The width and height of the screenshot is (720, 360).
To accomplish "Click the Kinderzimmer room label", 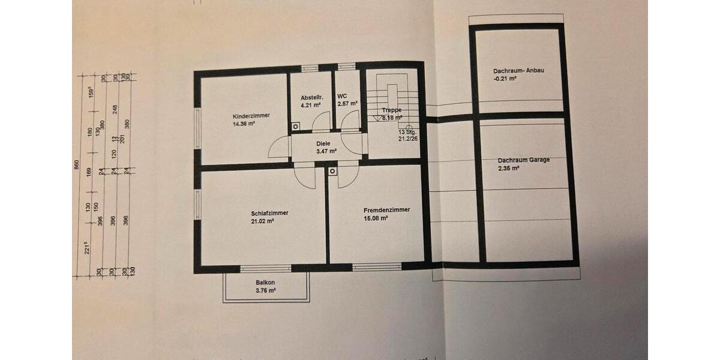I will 251,116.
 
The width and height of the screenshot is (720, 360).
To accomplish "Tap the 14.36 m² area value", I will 244,124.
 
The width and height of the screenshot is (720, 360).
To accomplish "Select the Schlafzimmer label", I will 270,213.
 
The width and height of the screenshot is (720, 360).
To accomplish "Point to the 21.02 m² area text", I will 262,221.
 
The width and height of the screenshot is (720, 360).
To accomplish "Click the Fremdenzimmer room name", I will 386,210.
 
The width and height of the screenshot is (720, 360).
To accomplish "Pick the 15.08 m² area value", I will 376,218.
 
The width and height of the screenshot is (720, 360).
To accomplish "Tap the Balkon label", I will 265,282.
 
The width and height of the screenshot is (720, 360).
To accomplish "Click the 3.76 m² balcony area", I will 265,290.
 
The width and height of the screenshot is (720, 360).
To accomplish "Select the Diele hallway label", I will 324,143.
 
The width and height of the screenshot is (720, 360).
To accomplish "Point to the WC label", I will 342,96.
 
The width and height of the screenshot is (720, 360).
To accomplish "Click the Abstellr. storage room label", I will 312,97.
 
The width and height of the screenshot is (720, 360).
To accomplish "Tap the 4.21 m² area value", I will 310,105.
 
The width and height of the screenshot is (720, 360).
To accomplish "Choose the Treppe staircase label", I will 392,110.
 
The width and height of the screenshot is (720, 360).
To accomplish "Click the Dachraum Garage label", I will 523,160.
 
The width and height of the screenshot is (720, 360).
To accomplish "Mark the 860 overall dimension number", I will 77,166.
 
